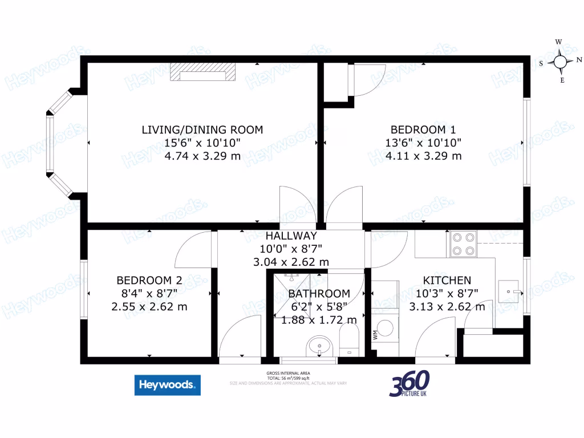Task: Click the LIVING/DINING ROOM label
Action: click(x=202, y=129)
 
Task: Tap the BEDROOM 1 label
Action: click(x=423, y=129)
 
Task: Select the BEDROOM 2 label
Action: click(x=149, y=280)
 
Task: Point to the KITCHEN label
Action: click(x=447, y=280)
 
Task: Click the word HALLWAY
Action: click(x=291, y=236)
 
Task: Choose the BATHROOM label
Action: click(x=319, y=294)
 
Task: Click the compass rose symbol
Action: click(x=561, y=62)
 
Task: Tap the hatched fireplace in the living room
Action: click(x=203, y=72)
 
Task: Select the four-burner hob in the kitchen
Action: click(x=463, y=244)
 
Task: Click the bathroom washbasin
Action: click(x=319, y=346)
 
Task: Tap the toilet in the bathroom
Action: click(x=348, y=340)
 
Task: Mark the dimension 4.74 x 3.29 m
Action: click(x=202, y=156)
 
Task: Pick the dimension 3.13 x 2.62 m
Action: click(x=447, y=306)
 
